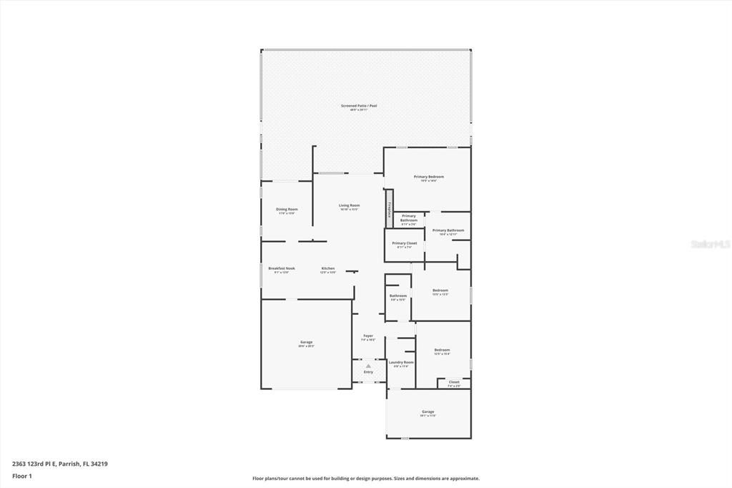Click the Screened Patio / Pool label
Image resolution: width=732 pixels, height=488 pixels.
pyautogui.click(x=359, y=106)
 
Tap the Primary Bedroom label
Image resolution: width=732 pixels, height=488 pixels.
pyautogui.click(x=429, y=177)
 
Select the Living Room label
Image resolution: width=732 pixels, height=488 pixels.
pyautogui.click(x=349, y=205)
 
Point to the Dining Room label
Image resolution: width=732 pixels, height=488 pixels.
pyautogui.click(x=287, y=209)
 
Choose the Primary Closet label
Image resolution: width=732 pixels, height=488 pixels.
pyautogui.click(x=405, y=243)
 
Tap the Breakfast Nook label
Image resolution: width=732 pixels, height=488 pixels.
pyautogui.click(x=282, y=268)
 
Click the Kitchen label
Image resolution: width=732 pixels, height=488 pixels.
pyautogui.click(x=328, y=268)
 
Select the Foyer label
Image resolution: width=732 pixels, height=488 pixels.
pyautogui.click(x=368, y=336)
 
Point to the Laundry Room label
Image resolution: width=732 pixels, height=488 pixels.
pyautogui.click(x=401, y=362)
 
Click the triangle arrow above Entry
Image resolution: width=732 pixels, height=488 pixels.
pyautogui.click(x=368, y=366)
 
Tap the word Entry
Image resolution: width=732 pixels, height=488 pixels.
pyautogui.click(x=368, y=372)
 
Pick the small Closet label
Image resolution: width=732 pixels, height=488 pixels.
pyautogui.click(x=454, y=382)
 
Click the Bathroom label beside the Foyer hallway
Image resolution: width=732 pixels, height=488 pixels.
pyautogui.click(x=398, y=296)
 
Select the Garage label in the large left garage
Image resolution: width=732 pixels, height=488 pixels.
pyautogui.click(x=306, y=342)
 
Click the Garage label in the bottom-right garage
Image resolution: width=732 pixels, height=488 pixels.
pyautogui.click(x=428, y=411)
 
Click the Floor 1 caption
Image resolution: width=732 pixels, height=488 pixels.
pyautogui.click(x=22, y=475)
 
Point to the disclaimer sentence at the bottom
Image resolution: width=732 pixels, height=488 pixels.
pyautogui.click(x=366, y=479)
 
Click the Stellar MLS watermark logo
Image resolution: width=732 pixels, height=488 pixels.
pyautogui.click(x=710, y=244)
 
